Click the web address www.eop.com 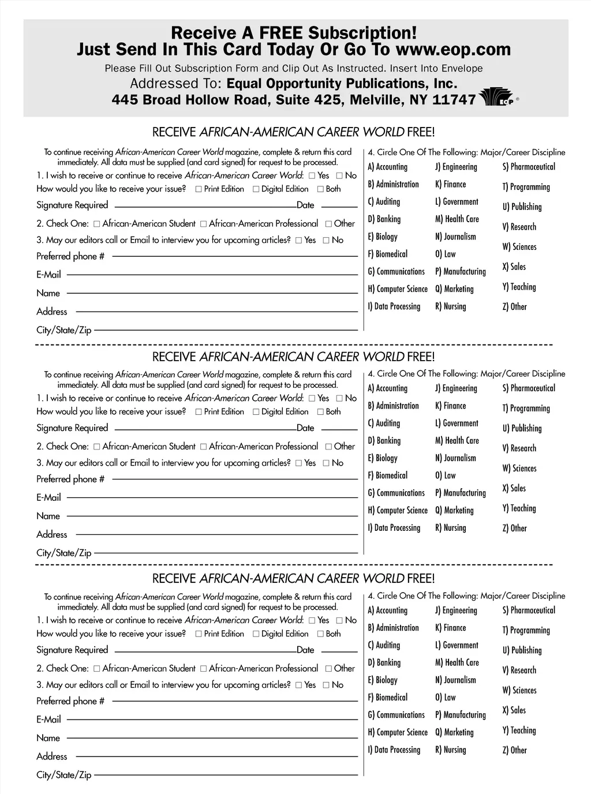pos(454,50)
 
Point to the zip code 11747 pos(454,100)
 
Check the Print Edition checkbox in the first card pos(199,189)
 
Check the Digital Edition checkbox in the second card pos(256,412)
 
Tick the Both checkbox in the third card pos(320,634)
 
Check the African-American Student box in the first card pos(97,224)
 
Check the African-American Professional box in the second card pos(203,447)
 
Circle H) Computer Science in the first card pos(398,289)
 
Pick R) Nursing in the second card pos(450,528)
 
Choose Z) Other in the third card pos(514,750)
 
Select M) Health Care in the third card pos(457,662)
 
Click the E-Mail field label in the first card pos(48,275)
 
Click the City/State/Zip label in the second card pos(63,553)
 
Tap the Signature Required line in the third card pos(205,651)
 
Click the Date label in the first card pos(305,205)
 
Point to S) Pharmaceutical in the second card pos(529,388)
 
